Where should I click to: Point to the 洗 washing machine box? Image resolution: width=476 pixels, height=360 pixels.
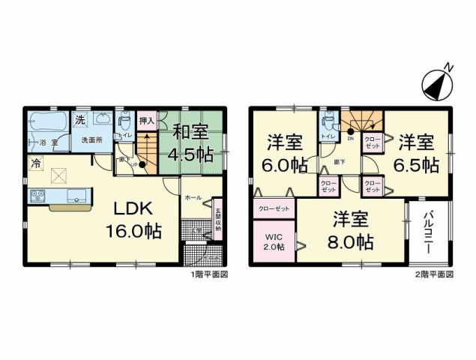[x=79, y=118]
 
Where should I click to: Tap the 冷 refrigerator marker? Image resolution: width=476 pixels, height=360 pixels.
[x=35, y=162]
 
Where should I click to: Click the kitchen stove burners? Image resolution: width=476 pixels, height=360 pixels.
[x=37, y=196]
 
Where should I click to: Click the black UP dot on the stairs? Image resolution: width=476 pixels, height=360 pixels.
[x=142, y=164]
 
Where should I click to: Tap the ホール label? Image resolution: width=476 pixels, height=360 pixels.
[x=193, y=196]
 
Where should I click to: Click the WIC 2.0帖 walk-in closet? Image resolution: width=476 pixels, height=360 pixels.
[x=273, y=241]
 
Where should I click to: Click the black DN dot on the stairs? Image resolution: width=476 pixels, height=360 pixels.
[x=350, y=131]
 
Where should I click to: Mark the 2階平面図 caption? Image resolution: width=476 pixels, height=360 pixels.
[x=435, y=274]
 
